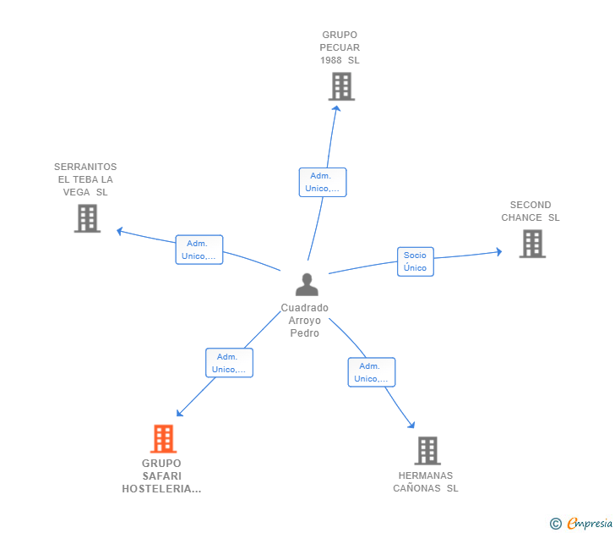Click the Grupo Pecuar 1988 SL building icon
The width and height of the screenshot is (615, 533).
(341, 86)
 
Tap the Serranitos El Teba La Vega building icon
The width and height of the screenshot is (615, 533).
(87, 218)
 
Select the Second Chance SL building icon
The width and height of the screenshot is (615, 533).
(531, 244)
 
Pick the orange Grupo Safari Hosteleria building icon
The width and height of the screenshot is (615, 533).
(163, 438)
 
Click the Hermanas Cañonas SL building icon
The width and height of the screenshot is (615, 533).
(427, 451)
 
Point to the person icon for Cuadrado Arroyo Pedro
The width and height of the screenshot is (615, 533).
(307, 284)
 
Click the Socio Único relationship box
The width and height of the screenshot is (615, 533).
(415, 261)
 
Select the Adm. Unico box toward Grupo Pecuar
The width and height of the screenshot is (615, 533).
(323, 182)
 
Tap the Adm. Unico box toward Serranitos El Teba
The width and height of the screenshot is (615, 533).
(199, 250)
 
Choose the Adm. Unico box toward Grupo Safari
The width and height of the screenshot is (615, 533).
(229, 363)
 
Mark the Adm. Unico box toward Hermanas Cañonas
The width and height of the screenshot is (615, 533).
(372, 372)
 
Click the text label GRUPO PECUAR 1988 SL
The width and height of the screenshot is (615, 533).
(340, 47)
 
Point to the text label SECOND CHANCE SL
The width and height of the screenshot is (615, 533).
(531, 212)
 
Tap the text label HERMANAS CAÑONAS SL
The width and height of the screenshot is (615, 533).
(426, 481)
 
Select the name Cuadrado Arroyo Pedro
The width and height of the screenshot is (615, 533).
(305, 321)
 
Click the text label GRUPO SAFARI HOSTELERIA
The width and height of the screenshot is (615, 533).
(161, 476)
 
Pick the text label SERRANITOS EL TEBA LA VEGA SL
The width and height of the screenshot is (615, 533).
(85, 179)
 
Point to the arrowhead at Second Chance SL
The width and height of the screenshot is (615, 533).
(499, 252)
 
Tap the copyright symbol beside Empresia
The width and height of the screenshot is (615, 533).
(556, 524)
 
